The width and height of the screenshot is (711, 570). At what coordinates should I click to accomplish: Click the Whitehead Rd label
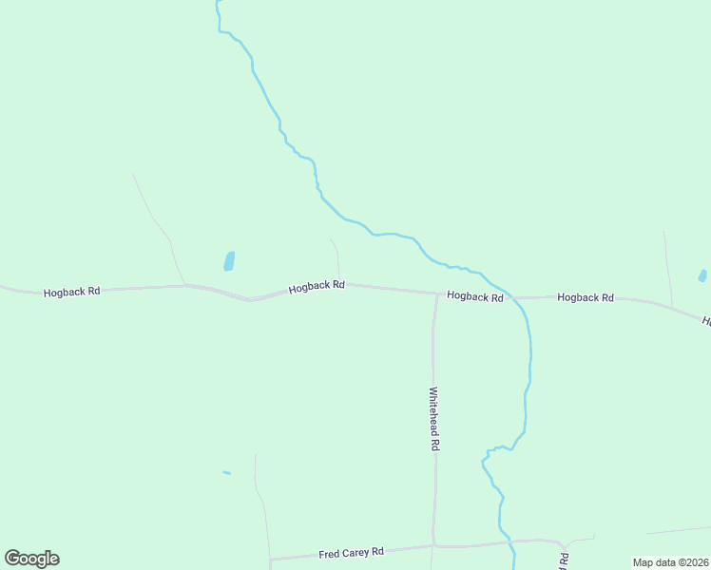tap(434, 418)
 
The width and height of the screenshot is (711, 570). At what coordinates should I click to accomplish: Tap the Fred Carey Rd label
tap(351, 552)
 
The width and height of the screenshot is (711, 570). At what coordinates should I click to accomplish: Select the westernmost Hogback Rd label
tap(71, 292)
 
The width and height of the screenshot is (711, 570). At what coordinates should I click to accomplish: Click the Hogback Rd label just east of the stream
tap(586, 297)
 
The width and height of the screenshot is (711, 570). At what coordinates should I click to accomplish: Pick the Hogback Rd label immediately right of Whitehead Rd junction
tap(474, 296)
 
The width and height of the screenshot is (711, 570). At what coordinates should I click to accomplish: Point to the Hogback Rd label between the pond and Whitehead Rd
tap(317, 286)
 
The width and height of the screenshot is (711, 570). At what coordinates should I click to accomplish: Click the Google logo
tap(31, 559)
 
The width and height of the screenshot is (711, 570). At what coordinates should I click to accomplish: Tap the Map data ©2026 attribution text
tap(669, 562)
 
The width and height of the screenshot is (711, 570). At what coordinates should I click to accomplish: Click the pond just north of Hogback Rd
tap(229, 260)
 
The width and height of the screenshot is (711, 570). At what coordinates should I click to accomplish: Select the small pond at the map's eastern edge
tap(702, 276)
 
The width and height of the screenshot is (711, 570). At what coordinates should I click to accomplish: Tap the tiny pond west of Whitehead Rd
tap(226, 472)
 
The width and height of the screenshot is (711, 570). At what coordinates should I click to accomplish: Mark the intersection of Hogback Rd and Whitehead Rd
tap(437, 294)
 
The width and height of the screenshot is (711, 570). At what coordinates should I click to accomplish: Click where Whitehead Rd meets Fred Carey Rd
tap(433, 546)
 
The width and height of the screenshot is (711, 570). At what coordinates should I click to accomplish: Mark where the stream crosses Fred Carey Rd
tap(510, 542)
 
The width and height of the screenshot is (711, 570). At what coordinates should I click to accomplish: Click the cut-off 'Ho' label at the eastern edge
tap(706, 322)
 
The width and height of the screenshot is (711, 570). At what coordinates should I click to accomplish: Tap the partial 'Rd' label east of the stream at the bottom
tap(564, 560)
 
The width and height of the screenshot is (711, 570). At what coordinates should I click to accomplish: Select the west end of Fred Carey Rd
tap(272, 559)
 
